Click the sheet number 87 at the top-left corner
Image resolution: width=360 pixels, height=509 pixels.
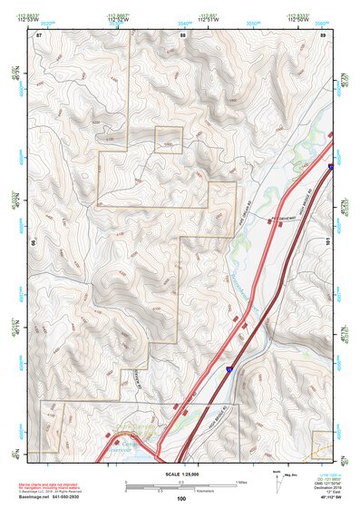point(39,34)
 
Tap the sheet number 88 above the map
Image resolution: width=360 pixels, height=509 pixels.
point(181,34)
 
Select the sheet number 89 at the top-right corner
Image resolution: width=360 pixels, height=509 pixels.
point(323,34)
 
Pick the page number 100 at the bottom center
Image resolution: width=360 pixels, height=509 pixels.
point(181,499)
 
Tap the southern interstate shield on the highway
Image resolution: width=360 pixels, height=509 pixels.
point(229,369)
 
